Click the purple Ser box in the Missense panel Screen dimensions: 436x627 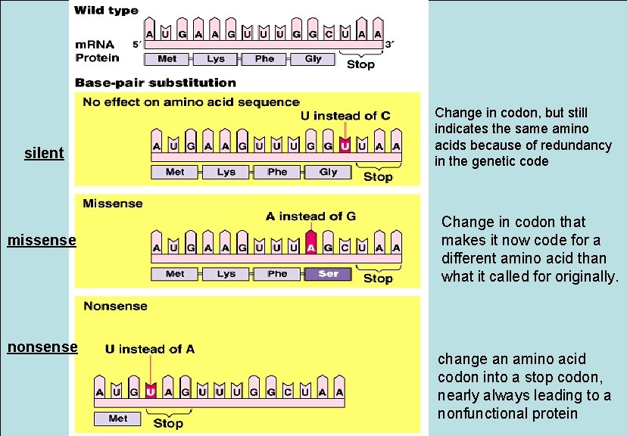click(328, 274)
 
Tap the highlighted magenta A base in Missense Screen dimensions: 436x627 click(310, 248)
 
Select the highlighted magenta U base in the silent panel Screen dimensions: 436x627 click(345, 145)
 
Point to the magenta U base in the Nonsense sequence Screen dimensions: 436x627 click(151, 391)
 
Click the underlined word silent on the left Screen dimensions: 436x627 click(44, 153)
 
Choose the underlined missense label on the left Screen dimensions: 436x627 click(42, 241)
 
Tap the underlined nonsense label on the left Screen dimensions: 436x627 click(42, 347)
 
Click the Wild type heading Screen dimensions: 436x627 click(106, 11)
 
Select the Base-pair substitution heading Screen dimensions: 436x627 click(155, 83)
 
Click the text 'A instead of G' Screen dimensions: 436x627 click(310, 216)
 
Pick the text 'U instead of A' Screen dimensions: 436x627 click(150, 349)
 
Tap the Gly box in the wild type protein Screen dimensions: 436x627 click(313, 59)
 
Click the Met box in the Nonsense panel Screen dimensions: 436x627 click(118, 418)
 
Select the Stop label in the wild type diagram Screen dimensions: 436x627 click(360, 64)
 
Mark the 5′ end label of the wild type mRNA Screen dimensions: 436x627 click(136, 45)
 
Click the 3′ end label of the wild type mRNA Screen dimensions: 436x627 click(389, 45)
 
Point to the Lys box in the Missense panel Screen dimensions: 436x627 click(226, 274)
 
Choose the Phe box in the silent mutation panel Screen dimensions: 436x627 click(277, 172)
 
